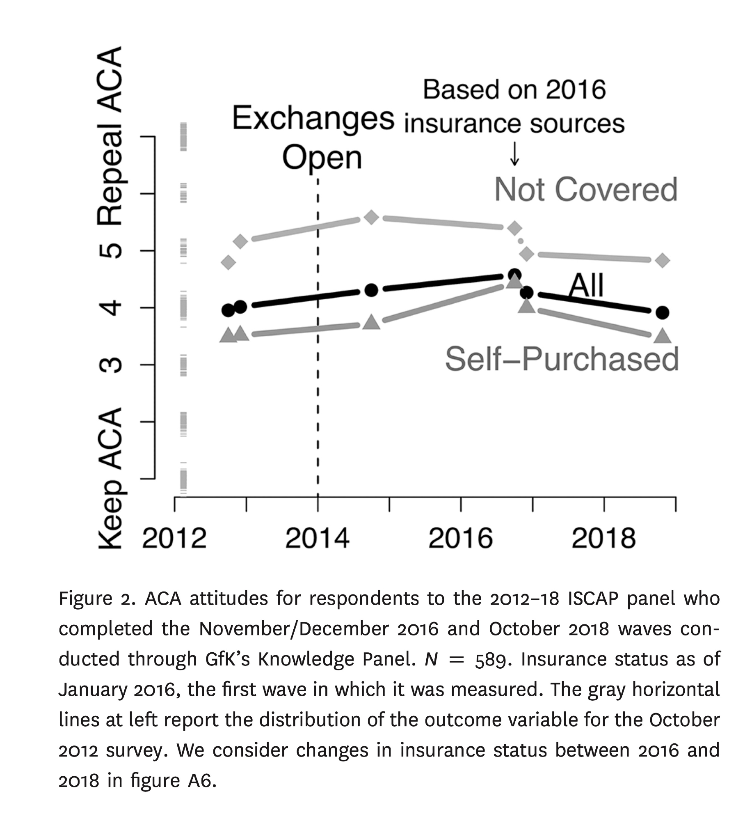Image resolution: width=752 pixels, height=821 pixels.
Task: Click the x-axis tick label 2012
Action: click(174, 538)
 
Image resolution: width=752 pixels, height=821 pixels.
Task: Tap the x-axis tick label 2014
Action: click(317, 538)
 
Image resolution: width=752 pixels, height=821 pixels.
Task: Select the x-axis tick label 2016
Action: click(460, 538)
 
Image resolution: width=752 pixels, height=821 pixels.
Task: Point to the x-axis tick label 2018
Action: click(603, 538)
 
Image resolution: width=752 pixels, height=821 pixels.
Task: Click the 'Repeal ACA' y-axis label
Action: click(110, 135)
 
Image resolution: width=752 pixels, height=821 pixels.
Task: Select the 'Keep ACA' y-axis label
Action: click(110, 478)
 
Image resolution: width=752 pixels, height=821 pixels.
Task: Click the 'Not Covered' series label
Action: click(586, 190)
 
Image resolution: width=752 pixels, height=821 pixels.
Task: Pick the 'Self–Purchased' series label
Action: click(562, 359)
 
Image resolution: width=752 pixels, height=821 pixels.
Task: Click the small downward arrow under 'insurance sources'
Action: click(514, 156)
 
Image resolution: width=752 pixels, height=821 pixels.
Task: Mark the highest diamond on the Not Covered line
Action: click(371, 217)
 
